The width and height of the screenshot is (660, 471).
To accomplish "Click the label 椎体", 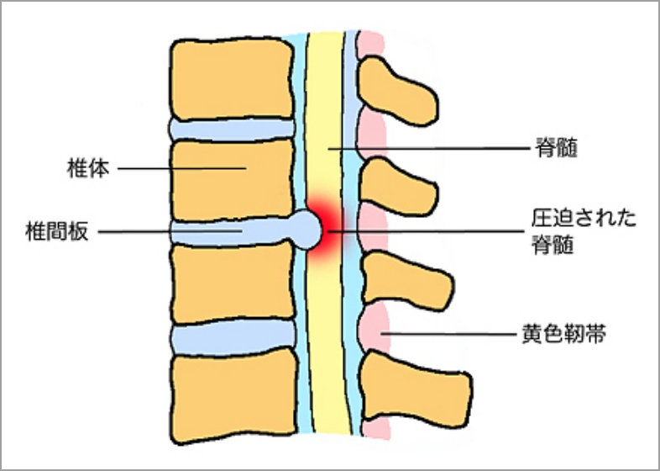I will [86, 167].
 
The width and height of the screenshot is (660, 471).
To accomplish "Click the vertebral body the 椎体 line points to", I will [232, 179].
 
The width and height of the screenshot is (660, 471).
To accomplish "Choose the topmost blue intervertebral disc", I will [232, 129].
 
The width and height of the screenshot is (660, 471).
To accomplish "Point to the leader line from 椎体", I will [181, 168].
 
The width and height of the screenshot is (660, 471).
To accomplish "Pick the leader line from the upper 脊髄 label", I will [437, 148].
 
